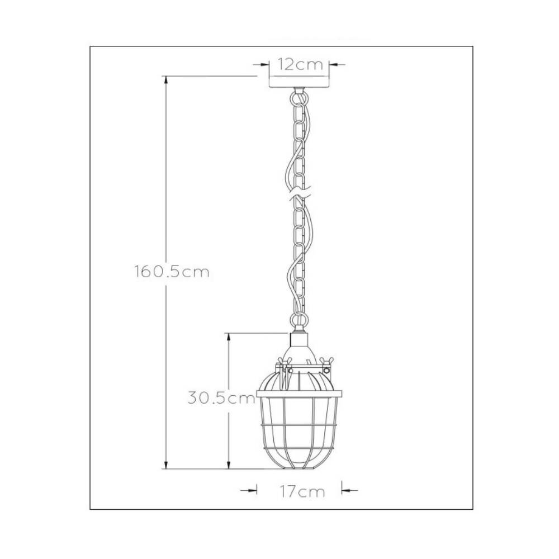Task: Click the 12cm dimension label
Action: pyautogui.click(x=300, y=64)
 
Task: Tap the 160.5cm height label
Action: pyautogui.click(x=172, y=272)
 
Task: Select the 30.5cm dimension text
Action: pyautogui.click(x=221, y=398)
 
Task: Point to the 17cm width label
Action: pyautogui.click(x=302, y=491)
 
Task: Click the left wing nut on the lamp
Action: pyautogui.click(x=284, y=361)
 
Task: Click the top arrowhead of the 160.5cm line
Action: pyautogui.click(x=165, y=80)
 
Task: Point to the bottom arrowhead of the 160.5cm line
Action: pyautogui.click(x=165, y=465)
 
